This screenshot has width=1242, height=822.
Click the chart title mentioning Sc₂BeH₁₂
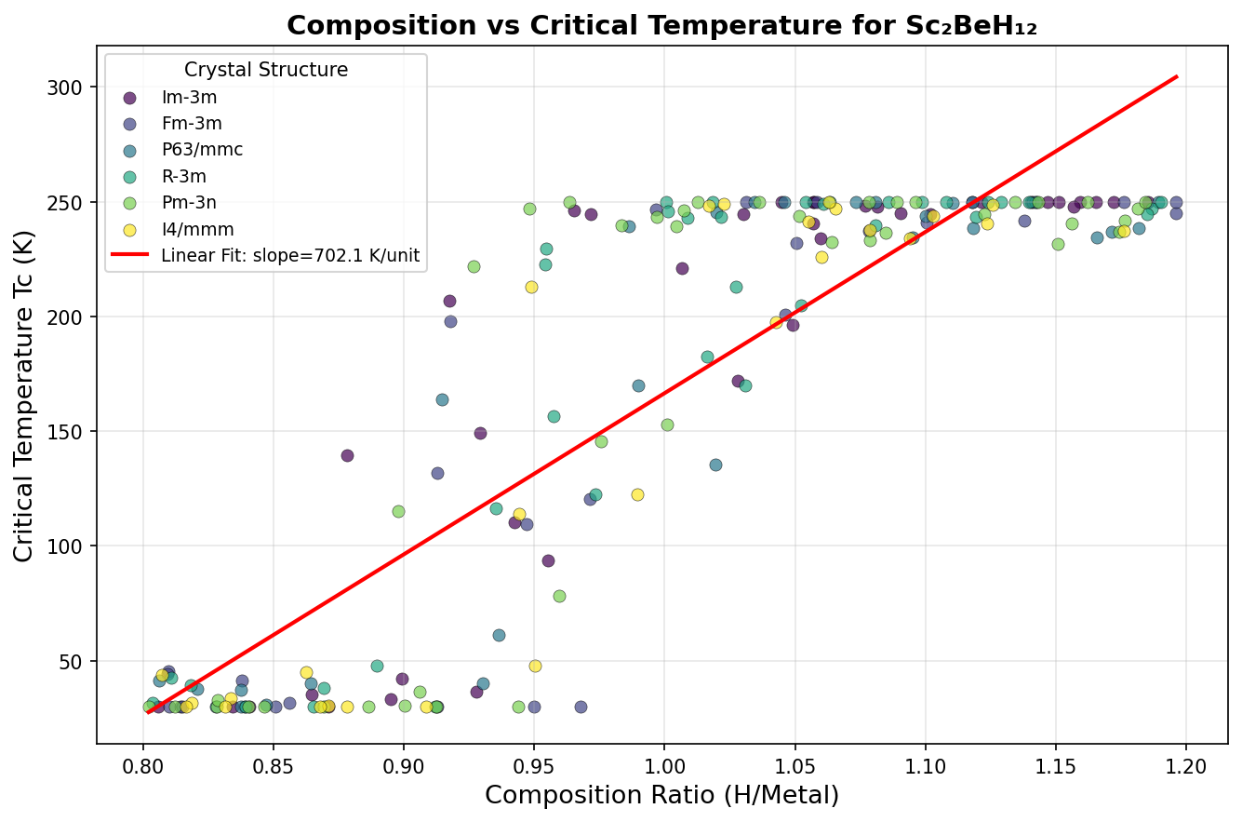(661, 25)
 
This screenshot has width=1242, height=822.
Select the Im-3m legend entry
(181, 98)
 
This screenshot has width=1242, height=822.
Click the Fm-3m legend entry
(192, 124)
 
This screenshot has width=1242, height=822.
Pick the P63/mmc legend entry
(202, 150)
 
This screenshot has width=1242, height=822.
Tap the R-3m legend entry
(183, 176)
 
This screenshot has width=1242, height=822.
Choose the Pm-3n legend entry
(187, 202)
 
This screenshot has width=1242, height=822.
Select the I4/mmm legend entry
(197, 228)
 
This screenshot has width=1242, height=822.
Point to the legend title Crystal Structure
(266, 70)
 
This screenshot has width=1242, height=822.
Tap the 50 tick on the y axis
(75, 661)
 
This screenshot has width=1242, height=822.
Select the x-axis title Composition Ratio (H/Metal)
(661, 796)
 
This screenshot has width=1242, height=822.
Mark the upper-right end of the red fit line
(1177, 76)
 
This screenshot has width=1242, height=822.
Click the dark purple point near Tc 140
(347, 455)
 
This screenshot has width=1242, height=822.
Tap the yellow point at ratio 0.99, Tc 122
(637, 494)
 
